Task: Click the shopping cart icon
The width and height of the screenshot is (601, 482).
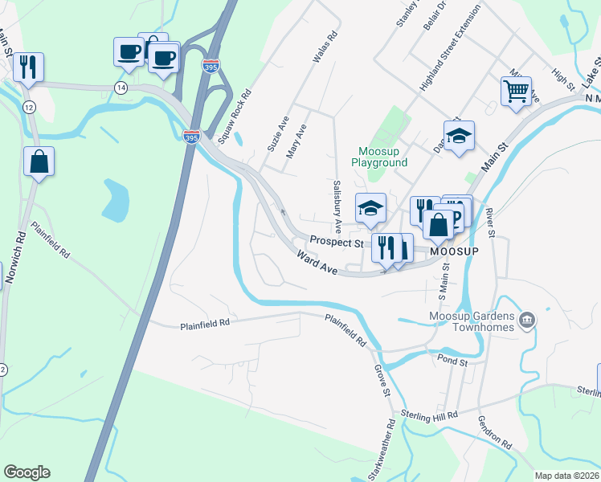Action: tap(516, 90)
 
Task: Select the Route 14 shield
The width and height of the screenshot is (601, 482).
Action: tap(121, 88)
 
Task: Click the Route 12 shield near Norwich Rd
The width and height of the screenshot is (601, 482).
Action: tap(29, 108)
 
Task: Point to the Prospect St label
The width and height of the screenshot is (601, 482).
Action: tap(337, 242)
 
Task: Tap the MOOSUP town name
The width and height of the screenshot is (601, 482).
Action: tap(454, 251)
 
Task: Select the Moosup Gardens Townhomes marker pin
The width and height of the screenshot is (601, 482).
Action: tap(527, 321)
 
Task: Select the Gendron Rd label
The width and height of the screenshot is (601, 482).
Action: tap(494, 432)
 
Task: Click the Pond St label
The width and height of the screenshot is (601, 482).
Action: tap(452, 362)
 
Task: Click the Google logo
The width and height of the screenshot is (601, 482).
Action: tap(27, 472)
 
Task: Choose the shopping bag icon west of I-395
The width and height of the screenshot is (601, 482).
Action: tap(39, 162)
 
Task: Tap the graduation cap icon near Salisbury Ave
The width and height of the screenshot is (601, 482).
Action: tap(370, 208)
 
